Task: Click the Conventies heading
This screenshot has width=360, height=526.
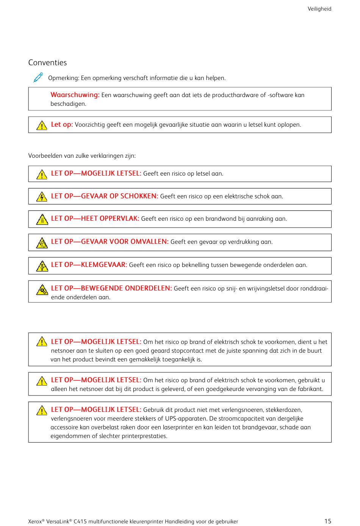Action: [47, 63]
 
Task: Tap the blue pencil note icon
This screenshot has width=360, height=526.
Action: [38, 78]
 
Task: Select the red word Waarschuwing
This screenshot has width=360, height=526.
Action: [75, 95]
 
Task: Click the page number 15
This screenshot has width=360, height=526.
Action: [327, 521]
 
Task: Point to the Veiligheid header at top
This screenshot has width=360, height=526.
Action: [319, 9]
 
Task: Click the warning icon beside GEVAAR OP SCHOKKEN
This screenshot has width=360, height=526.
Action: [42, 197]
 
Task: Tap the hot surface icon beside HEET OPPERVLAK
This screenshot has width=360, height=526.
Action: [42, 220]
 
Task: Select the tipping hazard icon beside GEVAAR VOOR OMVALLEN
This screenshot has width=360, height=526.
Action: [42, 243]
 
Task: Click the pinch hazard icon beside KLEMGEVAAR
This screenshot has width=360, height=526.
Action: [42, 266]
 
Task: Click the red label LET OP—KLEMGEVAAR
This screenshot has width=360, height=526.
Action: [89, 265]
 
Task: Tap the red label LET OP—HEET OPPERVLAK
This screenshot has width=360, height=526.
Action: [95, 218]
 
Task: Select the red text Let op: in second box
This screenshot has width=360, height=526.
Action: [62, 124]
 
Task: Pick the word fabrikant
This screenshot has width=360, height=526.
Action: [310, 389]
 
